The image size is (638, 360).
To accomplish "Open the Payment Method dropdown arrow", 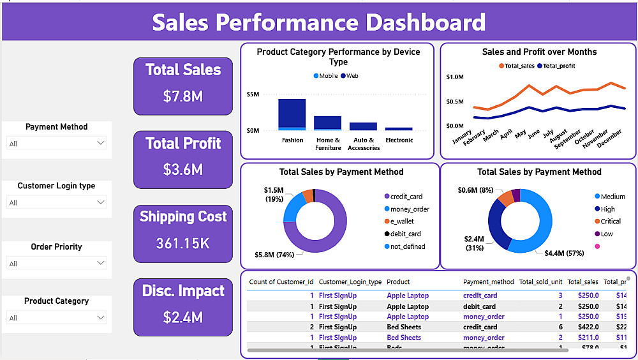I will [x=100, y=144].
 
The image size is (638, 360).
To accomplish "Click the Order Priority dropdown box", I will [x=57, y=263].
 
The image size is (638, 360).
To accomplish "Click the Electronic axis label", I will [x=399, y=140].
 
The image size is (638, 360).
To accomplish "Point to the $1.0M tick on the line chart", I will [x=455, y=77].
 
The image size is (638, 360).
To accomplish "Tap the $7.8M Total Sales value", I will [x=183, y=96].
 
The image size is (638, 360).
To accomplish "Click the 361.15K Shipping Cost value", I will [x=183, y=243].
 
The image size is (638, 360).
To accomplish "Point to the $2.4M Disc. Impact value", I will [x=183, y=317].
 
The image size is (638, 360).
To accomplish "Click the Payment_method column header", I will [x=488, y=281].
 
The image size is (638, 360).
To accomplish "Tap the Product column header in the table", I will [x=398, y=281].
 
